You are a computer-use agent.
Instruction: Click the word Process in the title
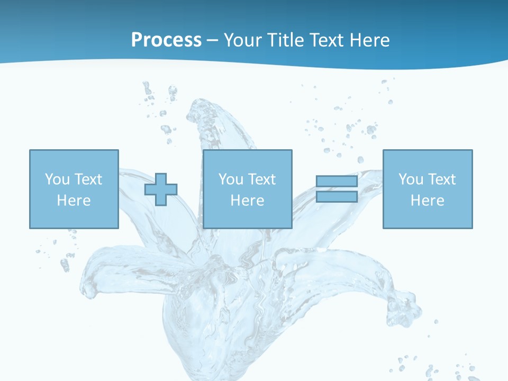click(x=166, y=40)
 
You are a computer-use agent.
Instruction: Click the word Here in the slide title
click(x=371, y=40)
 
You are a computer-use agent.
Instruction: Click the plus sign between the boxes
click(x=161, y=189)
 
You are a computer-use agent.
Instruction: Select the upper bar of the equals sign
click(x=337, y=182)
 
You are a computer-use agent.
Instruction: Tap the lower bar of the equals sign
click(x=337, y=197)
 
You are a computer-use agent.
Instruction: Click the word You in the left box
click(x=56, y=179)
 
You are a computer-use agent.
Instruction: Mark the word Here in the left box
click(x=74, y=201)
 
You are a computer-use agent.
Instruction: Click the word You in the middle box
click(x=230, y=179)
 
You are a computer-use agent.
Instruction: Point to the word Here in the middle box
click(x=247, y=201)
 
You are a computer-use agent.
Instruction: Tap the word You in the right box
click(x=410, y=179)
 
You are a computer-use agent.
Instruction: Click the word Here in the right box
click(x=427, y=201)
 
